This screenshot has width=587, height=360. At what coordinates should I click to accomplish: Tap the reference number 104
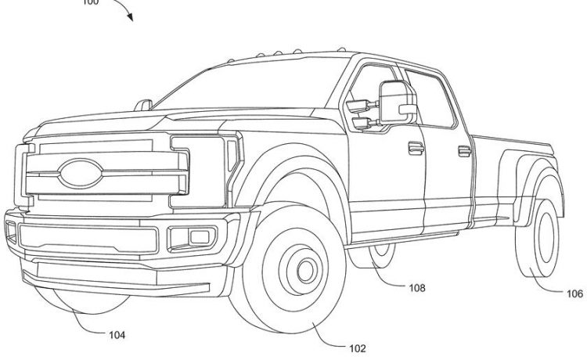pyautogui.click(x=117, y=335)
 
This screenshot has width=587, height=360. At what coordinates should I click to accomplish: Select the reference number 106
pyautogui.click(x=574, y=294)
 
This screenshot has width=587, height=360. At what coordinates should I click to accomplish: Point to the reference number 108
pyautogui.click(x=416, y=287)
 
